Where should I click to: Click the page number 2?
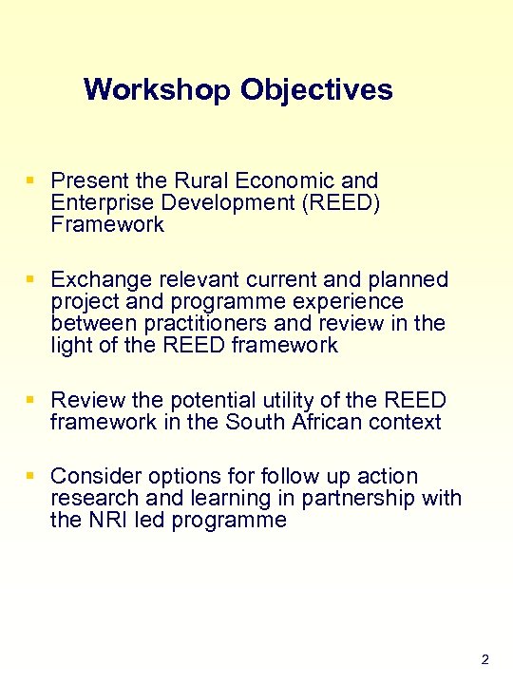pyautogui.click(x=484, y=659)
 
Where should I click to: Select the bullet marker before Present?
pyautogui.click(x=31, y=180)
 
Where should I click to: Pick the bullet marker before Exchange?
pyautogui.click(x=31, y=279)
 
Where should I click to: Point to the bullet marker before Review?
pyautogui.click(x=31, y=400)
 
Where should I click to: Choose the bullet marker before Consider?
pyautogui.click(x=31, y=475)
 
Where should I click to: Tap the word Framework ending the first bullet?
pyautogui.click(x=107, y=225)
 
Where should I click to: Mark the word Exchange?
pyautogui.click(x=97, y=279)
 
